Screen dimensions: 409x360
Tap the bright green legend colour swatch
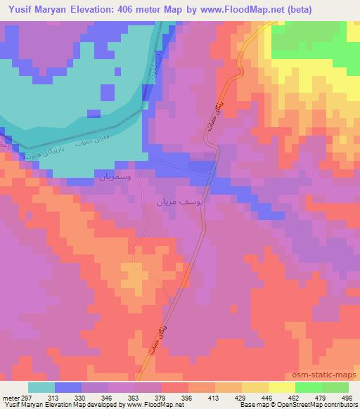308,387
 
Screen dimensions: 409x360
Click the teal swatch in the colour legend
41,387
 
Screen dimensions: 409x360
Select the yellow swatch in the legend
281,387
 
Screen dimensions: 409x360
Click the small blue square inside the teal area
107,93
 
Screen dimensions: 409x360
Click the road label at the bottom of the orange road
157,336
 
